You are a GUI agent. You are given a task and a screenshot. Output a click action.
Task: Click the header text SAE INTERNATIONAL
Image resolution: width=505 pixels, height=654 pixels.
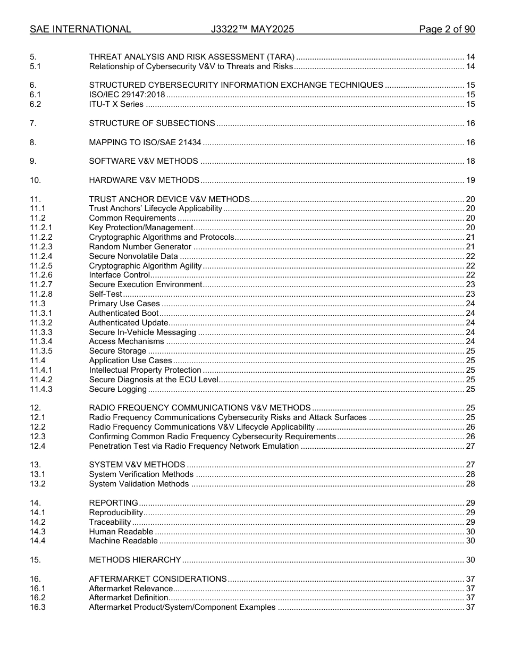point(80,29)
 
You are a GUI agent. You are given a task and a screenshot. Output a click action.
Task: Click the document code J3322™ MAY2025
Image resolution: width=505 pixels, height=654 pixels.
point(252,29)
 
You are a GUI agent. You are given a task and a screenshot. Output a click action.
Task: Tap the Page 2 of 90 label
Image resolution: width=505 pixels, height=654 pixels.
point(447,29)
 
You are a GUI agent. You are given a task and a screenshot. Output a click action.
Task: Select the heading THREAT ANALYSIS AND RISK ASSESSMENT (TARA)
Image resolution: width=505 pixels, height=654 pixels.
point(191,57)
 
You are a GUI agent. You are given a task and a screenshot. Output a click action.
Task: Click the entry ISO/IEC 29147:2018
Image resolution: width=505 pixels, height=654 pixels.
point(127,95)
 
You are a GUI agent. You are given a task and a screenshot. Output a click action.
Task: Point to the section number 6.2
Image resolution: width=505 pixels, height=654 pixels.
point(36,104)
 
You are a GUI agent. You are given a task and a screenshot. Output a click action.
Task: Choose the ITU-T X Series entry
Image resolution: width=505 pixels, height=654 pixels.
point(116,104)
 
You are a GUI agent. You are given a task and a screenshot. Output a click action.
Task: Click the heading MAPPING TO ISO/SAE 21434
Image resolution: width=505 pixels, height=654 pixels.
point(145,142)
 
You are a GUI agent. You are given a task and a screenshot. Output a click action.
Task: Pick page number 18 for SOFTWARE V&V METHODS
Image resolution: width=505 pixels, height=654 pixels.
point(470,161)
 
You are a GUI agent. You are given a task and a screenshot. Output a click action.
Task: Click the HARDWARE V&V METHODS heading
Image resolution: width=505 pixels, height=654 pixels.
point(144,180)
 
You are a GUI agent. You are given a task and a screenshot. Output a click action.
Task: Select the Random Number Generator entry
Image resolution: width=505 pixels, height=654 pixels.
point(140,247)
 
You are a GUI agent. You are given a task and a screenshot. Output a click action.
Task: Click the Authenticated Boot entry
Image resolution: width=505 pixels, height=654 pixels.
point(123,313)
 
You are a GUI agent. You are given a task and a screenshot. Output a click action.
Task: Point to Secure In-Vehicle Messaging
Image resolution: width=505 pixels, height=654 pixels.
point(142,332)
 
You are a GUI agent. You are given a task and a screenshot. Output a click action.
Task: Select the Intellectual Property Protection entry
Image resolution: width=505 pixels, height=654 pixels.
point(145,370)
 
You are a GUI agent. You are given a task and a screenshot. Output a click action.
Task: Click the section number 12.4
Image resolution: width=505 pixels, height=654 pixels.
point(38,446)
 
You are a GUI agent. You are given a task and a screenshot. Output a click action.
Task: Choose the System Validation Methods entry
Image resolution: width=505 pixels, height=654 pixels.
point(139,484)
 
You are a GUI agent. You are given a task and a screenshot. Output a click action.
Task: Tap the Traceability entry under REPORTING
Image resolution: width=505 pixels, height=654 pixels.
point(110,522)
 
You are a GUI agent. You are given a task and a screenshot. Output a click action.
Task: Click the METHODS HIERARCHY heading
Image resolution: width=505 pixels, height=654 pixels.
point(135,560)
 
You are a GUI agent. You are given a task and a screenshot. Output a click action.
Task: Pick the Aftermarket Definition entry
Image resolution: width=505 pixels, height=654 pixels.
point(129,598)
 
